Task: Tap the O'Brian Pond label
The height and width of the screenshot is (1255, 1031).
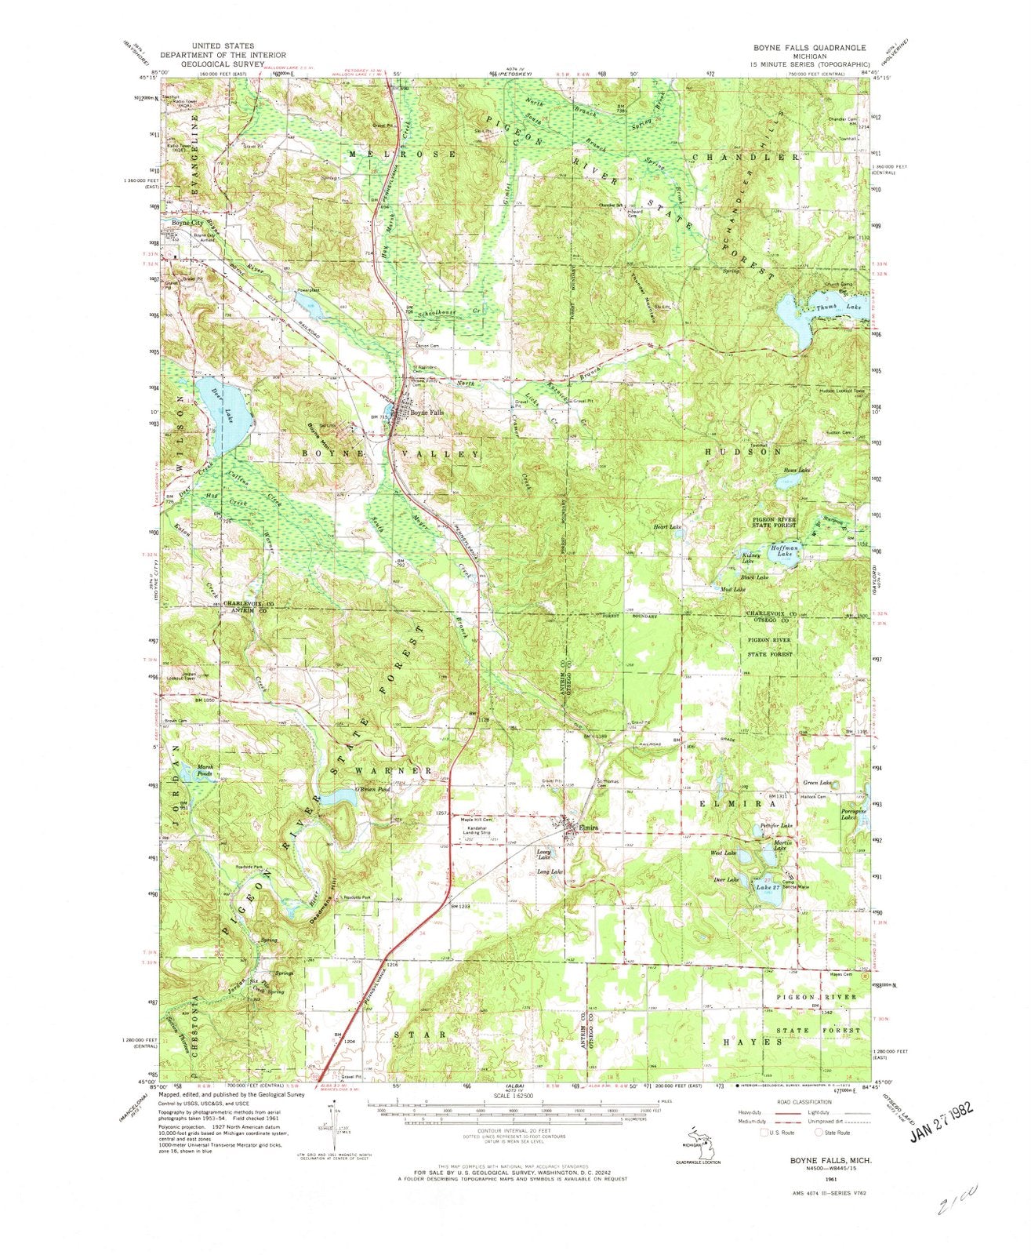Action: (372, 789)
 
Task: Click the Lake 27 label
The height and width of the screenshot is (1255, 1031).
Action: (768, 886)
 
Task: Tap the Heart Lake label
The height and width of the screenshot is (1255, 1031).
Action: (667, 527)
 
